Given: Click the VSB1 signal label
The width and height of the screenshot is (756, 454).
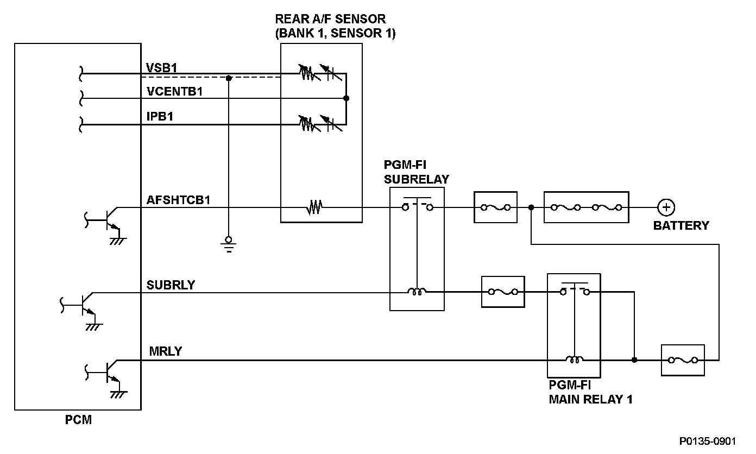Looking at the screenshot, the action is pos(161,68).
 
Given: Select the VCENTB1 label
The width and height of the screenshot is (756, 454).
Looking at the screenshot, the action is pos(174,91).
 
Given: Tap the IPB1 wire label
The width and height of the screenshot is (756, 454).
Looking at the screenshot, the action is pos(160,116).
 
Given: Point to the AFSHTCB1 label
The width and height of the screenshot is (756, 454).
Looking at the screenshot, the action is pos(178,200).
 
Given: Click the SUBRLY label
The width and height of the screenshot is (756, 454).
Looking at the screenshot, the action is pos(171,285).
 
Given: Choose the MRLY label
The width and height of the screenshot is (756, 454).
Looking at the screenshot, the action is pos(165,351).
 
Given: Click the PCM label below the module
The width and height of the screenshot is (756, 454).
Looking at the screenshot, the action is pos(78,420).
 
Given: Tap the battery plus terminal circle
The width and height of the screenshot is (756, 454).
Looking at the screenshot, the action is pos(666,207).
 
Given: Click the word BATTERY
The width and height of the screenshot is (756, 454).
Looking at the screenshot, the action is pos(681,225).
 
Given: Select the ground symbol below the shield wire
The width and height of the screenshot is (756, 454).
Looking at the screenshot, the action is pos(229,245).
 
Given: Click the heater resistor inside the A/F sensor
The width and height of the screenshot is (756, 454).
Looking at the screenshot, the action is pos(314,207).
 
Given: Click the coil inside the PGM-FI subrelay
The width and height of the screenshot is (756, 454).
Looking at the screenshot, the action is pos(417,291).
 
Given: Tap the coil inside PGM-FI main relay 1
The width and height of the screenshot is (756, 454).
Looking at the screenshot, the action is pos(575,359).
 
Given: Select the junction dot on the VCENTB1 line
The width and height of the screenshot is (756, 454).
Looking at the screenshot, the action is pos(346,98).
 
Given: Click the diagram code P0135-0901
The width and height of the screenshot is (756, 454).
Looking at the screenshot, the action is pos(708,441).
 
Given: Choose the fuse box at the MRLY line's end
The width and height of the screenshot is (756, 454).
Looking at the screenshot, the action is pos(683,360).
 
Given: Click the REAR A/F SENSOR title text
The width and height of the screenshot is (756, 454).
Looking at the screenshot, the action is pos(330,19).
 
